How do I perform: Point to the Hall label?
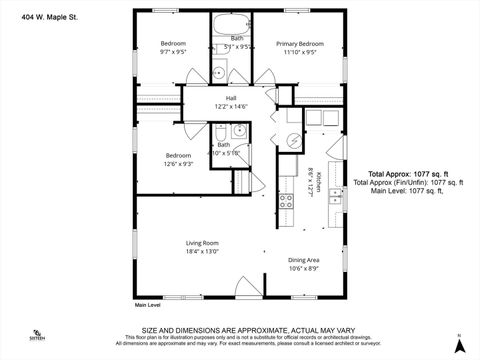230,98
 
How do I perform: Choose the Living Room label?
202,243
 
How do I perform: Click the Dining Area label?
304,259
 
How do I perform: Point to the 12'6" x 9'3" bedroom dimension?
178,166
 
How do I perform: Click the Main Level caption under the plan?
148,305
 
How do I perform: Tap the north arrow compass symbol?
459,344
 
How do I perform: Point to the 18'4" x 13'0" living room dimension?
202,253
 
